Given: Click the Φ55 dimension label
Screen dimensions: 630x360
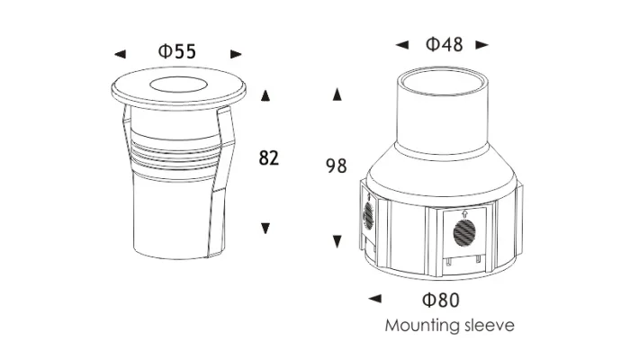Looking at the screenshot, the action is point(177,51).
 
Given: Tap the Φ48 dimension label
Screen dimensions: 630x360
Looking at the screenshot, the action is point(444,44).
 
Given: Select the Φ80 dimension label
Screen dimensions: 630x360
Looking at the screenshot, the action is point(441,300).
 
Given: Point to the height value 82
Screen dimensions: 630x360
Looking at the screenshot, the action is point(269,157).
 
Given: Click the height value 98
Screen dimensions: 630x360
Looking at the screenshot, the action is point(337,166).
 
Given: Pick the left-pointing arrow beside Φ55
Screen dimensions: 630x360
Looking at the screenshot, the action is point(120,54).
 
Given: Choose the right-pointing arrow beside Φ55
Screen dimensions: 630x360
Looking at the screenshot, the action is point(236,54).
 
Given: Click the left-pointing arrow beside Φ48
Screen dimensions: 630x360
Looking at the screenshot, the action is point(402,45).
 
